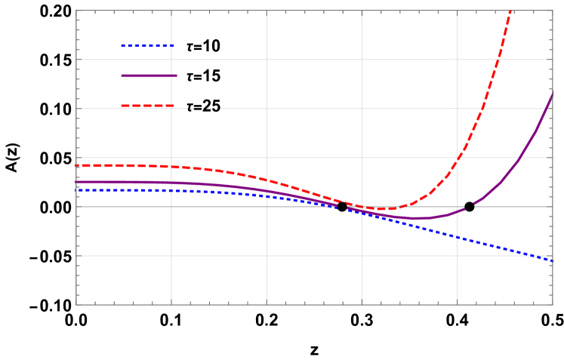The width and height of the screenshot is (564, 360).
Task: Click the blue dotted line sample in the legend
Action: pyautogui.click(x=146, y=46)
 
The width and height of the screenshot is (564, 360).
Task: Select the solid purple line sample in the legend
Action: pyautogui.click(x=149, y=75)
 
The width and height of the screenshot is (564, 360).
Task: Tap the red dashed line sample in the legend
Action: pyautogui.click(x=146, y=106)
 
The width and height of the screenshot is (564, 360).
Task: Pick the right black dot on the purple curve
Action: pyautogui.click(x=470, y=206)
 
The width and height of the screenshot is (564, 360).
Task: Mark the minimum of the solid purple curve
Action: pyautogui.click(x=416, y=218)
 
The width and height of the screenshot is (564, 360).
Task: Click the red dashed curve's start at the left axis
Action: pyautogui.click(x=77, y=165)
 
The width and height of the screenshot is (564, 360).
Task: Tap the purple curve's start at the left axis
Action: pyautogui.click(x=77, y=182)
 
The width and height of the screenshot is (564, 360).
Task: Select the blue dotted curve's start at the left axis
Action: pyautogui.click(x=77, y=189)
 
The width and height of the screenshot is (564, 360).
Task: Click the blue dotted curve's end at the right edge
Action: pyautogui.click(x=552, y=260)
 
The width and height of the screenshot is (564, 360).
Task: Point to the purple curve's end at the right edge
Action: pyautogui.click(x=552, y=94)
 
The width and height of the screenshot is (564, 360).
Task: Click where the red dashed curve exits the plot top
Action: pyautogui.click(x=512, y=11)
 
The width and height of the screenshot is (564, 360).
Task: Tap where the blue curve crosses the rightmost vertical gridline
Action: pyautogui.click(x=457, y=237)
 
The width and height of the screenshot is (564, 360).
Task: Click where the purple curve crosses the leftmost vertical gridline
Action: pyautogui.click(x=171, y=183)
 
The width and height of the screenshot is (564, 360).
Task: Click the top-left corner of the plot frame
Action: pyautogui.click(x=76, y=11)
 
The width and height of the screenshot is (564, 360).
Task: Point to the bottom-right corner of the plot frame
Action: pyautogui.click(x=553, y=305)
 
